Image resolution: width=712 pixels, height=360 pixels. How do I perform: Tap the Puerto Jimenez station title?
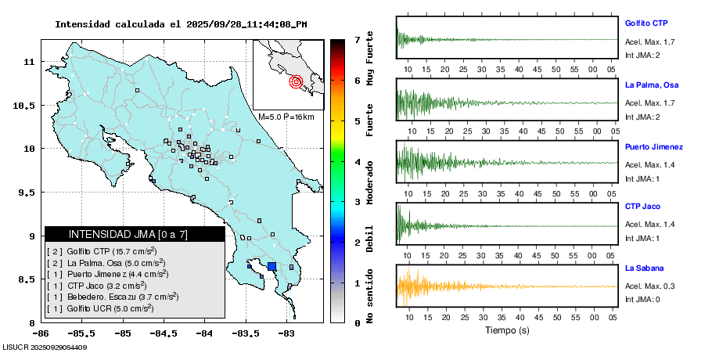654,146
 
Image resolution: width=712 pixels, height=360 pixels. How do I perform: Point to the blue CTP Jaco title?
642,207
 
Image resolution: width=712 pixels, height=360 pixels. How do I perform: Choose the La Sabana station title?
643,268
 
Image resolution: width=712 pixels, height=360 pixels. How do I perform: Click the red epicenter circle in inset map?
296,81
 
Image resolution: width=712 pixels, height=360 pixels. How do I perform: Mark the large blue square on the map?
271,267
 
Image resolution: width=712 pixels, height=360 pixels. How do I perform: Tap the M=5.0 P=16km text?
286,117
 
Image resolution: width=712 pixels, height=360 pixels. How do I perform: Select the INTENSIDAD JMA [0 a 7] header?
134,234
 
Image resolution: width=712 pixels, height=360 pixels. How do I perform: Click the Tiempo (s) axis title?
507,329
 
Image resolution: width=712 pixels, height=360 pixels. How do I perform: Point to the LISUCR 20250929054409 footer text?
45,347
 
